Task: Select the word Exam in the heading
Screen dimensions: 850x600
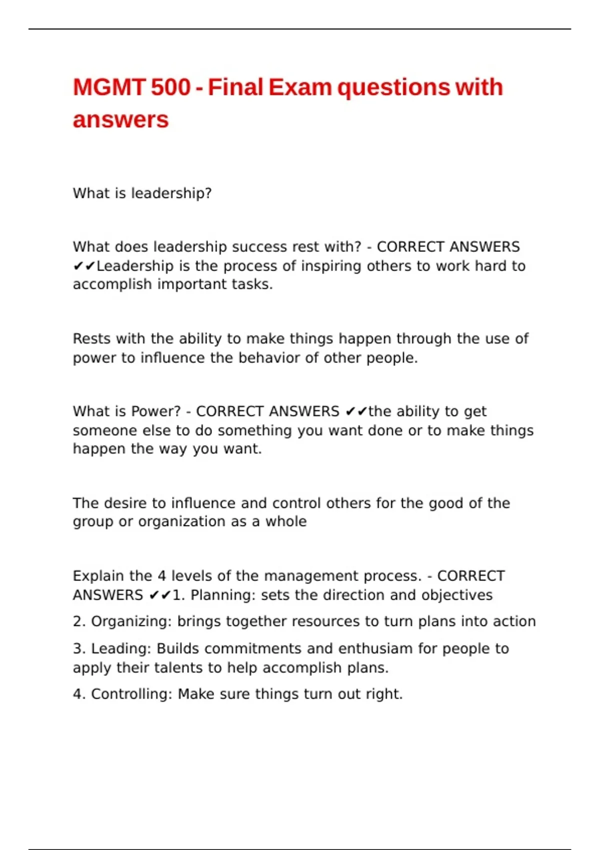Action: [299, 87]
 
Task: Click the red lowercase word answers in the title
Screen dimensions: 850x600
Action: [120, 120]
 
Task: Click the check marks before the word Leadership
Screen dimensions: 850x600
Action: [84, 266]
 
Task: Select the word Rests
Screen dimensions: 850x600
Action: [92, 339]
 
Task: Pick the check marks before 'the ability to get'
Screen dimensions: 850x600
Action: [356, 411]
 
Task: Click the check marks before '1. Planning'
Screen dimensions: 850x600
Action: [160, 595]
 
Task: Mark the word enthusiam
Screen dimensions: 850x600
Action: [375, 648]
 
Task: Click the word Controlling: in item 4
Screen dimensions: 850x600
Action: [131, 694]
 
